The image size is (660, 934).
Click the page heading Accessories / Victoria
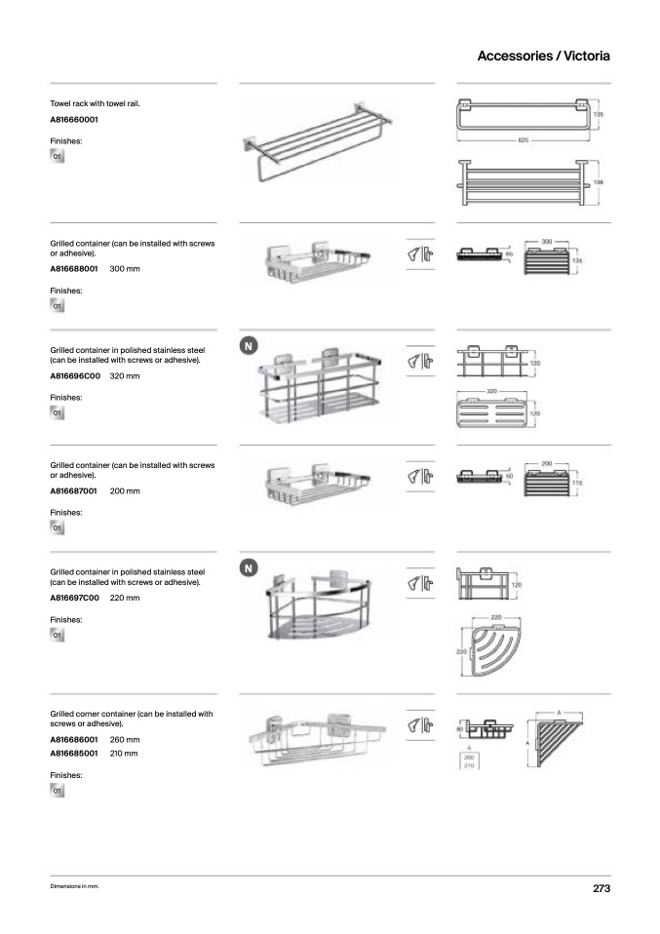[x=543, y=56]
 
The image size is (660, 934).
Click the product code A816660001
[x=74, y=120]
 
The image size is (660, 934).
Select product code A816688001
[x=74, y=268]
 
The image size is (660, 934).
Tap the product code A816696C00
[x=74, y=375]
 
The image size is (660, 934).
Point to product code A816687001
[x=74, y=491]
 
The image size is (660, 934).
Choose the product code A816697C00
[x=74, y=597]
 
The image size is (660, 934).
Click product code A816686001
[x=74, y=740]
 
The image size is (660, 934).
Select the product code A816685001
[x=74, y=754]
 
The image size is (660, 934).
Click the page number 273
[x=601, y=888]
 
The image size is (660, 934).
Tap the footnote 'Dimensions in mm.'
[x=75, y=887]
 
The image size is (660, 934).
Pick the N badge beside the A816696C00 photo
[x=249, y=346]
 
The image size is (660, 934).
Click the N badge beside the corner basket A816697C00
[x=249, y=567]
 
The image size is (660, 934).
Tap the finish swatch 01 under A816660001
[x=58, y=156]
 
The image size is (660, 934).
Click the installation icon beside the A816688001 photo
[x=419, y=254]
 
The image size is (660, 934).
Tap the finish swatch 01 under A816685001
[x=58, y=790]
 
